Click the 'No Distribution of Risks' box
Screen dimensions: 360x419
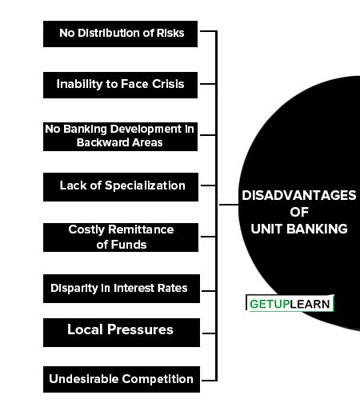tap(120, 34)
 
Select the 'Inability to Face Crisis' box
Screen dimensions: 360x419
tap(120, 85)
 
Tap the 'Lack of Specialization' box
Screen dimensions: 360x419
tap(121, 187)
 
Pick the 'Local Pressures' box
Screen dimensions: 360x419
tap(122, 333)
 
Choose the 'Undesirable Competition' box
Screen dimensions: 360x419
tap(122, 380)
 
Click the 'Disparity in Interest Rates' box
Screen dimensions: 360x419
tap(122, 289)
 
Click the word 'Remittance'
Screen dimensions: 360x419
tap(141, 229)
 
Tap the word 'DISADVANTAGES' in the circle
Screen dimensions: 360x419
tap(299, 195)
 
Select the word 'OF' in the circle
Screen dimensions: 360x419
tap(299, 212)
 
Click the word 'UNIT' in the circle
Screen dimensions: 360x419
tap(266, 229)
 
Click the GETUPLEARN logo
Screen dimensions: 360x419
tap(290, 303)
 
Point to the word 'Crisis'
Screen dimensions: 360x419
tap(168, 84)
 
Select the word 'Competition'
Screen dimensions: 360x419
tap(158, 379)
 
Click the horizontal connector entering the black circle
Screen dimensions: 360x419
tap(229, 205)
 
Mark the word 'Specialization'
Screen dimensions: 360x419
tap(145, 186)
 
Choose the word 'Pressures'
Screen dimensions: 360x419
tap(140, 329)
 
